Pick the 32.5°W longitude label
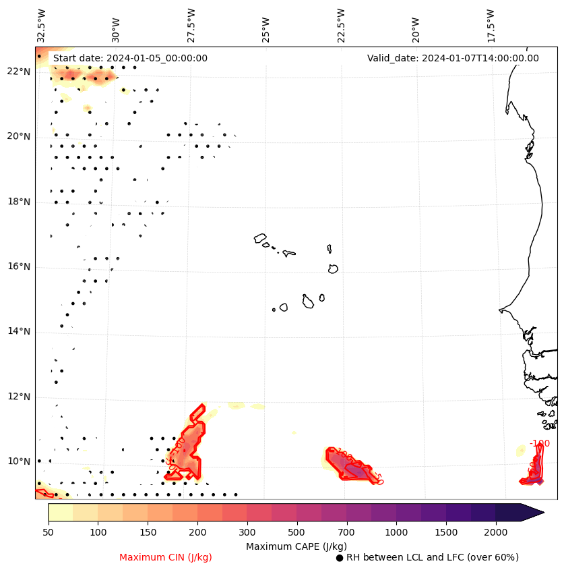pyautogui.click(x=42, y=26)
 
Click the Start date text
pyautogui.click(x=130, y=58)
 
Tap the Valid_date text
pyautogui.click(x=453, y=58)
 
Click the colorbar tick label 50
pyautogui.click(x=48, y=533)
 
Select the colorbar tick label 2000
pyautogui.click(x=496, y=533)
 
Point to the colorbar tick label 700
pyautogui.click(x=346, y=533)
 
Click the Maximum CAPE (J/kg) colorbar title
pyautogui.click(x=296, y=546)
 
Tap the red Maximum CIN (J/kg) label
pyautogui.click(x=166, y=557)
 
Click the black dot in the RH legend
pyautogui.click(x=340, y=558)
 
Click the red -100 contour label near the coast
pyautogui.click(x=539, y=443)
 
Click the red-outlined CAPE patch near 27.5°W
pyautogui.click(x=189, y=445)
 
